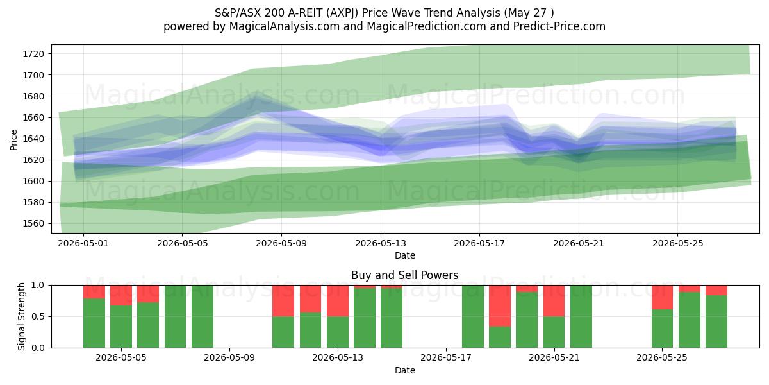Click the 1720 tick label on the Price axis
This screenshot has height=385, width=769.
(33, 54)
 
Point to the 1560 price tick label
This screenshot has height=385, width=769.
(33, 224)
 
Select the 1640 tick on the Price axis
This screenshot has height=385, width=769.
(33, 139)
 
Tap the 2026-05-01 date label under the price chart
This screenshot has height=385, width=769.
(83, 243)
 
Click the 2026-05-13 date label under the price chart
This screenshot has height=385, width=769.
(381, 243)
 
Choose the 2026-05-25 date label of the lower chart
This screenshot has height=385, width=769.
(662, 358)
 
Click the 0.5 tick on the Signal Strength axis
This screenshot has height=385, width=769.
(38, 316)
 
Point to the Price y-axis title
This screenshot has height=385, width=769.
(13, 140)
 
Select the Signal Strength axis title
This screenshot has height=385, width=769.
(21, 316)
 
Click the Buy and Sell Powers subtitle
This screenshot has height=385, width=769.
(405, 275)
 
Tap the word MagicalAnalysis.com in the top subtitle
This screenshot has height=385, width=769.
(285, 26)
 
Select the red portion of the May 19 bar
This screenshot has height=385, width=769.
(500, 306)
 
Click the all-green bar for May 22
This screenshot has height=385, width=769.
(581, 316)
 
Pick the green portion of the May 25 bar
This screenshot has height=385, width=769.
(662, 329)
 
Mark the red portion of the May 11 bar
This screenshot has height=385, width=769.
(283, 301)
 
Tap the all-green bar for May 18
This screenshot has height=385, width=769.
(473, 316)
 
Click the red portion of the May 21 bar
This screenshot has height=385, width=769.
(554, 301)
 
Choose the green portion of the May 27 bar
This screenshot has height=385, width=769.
(716, 321)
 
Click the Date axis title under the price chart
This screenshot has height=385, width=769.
(405, 255)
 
